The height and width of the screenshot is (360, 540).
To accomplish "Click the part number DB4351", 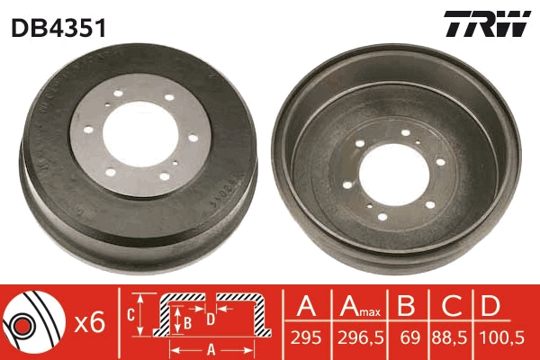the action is pos(58,28).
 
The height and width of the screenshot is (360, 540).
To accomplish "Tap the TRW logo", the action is pos(487,23).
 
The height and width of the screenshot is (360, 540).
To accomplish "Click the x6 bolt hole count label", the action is pos(90,322).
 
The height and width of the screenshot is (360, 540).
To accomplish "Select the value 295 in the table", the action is pos(306,337).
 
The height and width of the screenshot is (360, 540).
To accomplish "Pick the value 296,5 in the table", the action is pos(361,337).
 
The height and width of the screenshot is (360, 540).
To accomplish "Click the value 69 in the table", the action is pos(410,337).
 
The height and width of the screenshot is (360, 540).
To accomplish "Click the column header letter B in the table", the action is pos(406,305).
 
